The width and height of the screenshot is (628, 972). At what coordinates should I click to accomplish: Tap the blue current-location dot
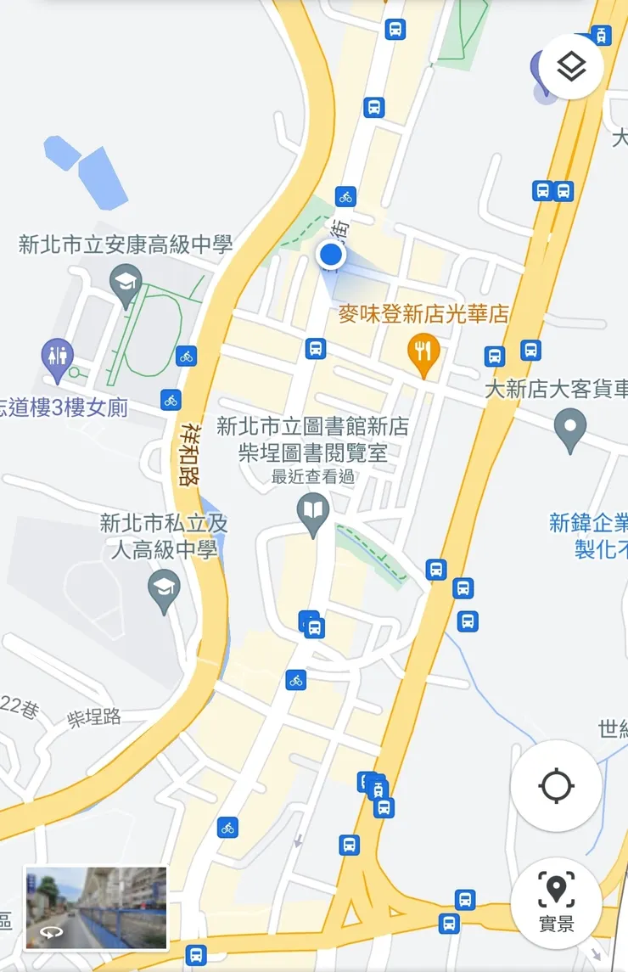point(331,255)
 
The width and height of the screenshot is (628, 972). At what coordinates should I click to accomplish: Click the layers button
point(571,67)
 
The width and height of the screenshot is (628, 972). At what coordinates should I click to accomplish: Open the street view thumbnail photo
point(96,907)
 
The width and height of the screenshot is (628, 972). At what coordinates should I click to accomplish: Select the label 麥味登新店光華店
point(423,315)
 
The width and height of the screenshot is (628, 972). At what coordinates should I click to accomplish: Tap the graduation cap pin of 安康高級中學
point(126,284)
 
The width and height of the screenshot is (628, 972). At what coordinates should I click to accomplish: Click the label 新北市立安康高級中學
point(126,245)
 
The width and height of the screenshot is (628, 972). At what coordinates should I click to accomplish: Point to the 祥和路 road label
point(189,455)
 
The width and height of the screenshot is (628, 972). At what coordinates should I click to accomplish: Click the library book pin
point(314,513)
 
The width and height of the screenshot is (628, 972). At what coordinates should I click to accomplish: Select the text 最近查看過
point(313,477)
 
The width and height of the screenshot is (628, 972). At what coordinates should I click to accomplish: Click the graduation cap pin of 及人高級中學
point(164,588)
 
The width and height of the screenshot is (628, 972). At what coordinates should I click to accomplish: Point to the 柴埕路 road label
point(94,717)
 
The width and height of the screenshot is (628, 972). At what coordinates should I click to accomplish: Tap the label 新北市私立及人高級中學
point(164,536)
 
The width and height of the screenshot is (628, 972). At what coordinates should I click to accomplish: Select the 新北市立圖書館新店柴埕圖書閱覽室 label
point(312,439)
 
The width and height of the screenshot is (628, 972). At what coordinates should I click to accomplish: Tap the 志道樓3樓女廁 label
point(64,407)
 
